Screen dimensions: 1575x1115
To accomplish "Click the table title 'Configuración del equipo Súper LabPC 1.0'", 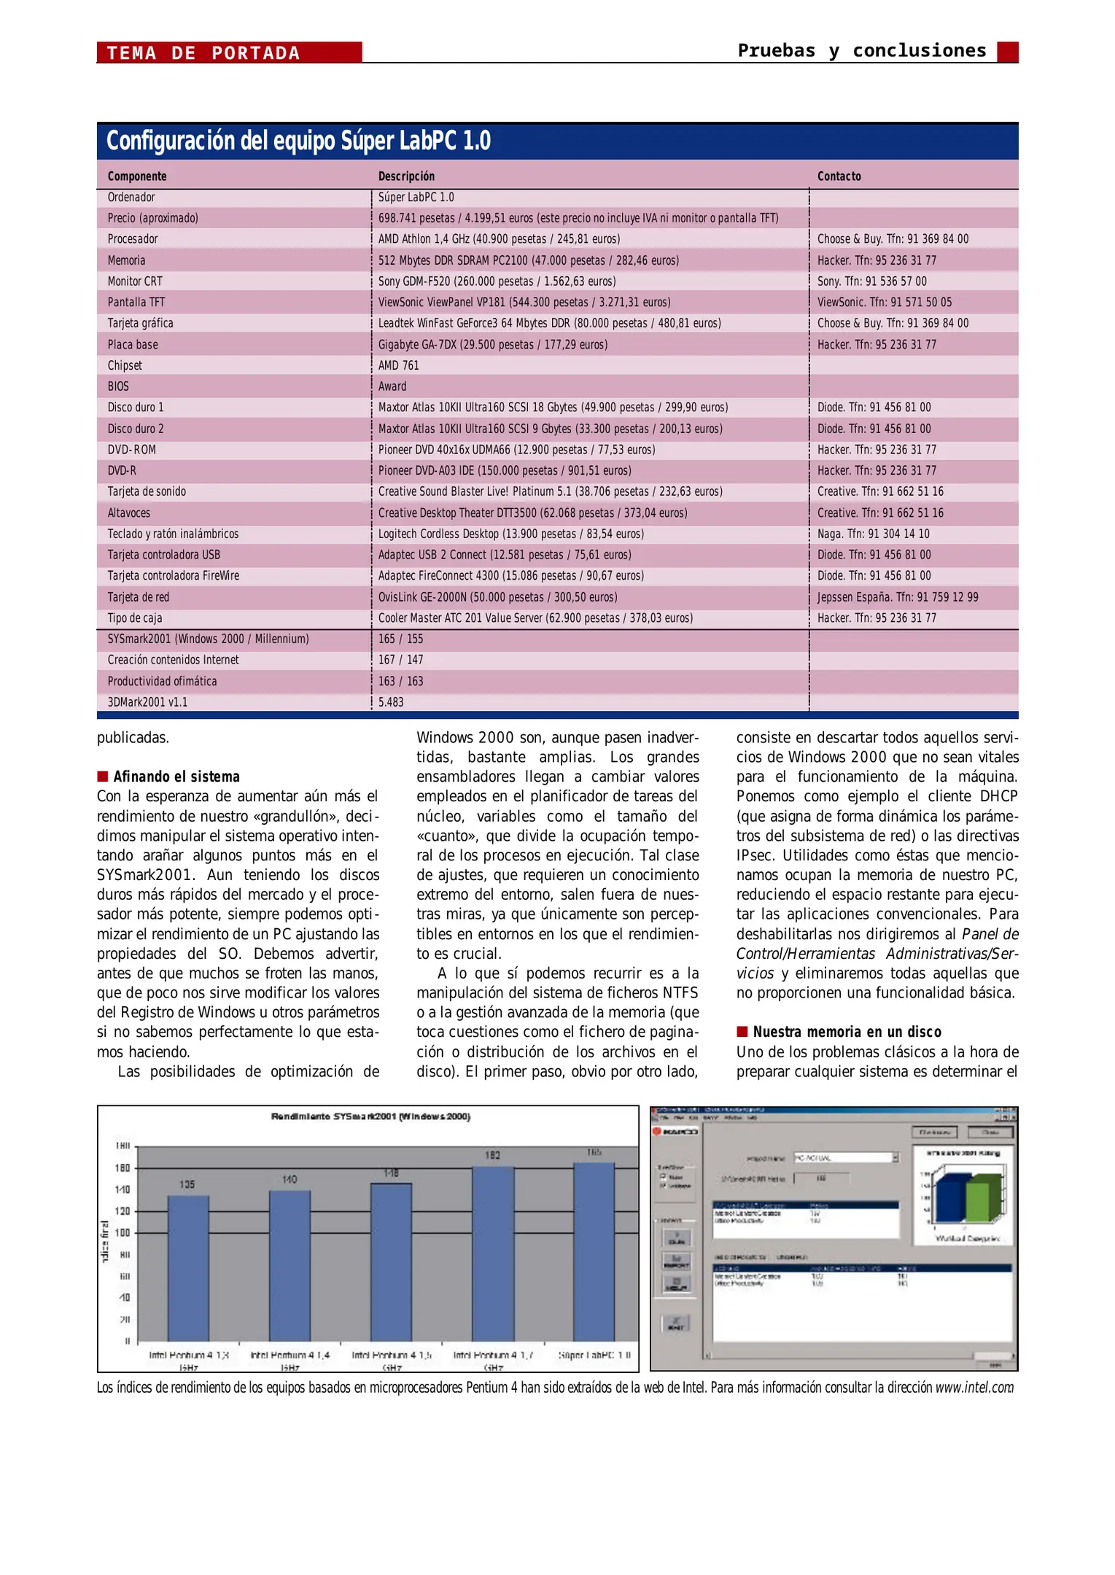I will [298, 141].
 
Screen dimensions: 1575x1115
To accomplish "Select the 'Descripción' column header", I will [406, 176].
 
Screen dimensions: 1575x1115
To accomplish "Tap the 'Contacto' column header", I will [839, 176].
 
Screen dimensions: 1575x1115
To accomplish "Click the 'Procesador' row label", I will [133, 239].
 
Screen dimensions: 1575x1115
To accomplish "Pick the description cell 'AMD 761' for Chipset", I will [398, 365].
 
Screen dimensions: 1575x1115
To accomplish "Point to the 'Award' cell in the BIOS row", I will [392, 386].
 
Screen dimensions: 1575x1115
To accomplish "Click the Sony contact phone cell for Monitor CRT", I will [871, 281].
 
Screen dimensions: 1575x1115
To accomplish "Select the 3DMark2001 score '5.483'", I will [391, 702].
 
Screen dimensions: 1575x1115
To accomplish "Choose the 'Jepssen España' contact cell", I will [897, 597].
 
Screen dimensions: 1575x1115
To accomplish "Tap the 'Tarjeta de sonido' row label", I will [147, 491].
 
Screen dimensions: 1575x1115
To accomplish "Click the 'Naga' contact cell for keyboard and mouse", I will [873, 534].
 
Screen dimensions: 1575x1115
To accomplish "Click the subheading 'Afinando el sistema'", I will [176, 777].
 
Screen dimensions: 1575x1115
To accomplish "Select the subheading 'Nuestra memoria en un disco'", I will [847, 1032].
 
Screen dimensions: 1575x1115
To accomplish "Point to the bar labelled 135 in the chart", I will [188, 1269].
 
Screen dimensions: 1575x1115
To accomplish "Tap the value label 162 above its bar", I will [493, 1155].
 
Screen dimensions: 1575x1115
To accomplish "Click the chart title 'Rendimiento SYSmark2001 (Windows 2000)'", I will [370, 1116].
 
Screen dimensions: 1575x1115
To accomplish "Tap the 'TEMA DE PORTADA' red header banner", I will [229, 52].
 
